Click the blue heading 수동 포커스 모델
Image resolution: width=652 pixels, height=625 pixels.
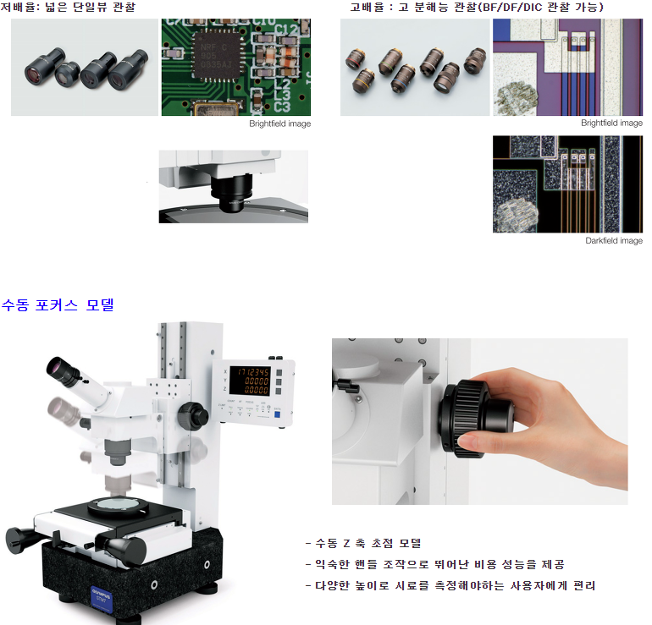[x=58, y=305]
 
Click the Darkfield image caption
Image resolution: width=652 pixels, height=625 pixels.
[x=614, y=241]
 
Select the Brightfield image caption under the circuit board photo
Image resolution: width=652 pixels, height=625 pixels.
[x=279, y=123]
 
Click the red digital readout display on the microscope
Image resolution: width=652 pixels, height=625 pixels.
[x=250, y=381]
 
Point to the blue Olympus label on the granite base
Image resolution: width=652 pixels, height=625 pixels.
[x=102, y=596]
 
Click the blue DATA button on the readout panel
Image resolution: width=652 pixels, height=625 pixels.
[x=278, y=414]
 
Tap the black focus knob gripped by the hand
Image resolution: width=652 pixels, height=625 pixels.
[x=474, y=419]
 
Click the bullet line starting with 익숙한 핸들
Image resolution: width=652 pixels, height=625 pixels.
[x=434, y=564]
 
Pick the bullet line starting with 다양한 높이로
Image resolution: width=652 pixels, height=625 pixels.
[x=450, y=585]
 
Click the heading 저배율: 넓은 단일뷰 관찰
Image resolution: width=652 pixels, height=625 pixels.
[x=68, y=7]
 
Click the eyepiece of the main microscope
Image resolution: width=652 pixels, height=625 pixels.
[x=64, y=370]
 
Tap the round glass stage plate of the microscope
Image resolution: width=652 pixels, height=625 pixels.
[x=117, y=504]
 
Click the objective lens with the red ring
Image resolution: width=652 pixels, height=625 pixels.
[x=356, y=58]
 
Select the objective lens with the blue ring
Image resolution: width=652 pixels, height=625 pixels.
[x=401, y=78]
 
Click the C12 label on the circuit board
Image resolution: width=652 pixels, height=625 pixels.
[x=286, y=30]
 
